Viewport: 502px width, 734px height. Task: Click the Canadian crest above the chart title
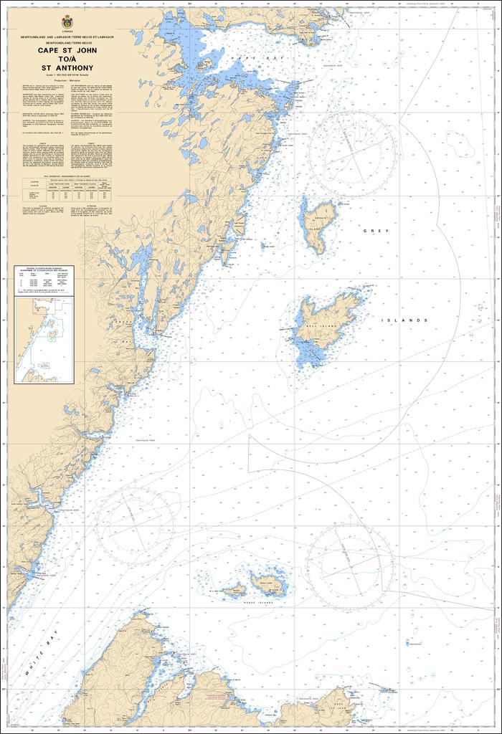pos(67,21)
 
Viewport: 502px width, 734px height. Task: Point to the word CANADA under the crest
pos(67,30)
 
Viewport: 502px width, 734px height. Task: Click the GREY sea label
pos(375,231)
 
